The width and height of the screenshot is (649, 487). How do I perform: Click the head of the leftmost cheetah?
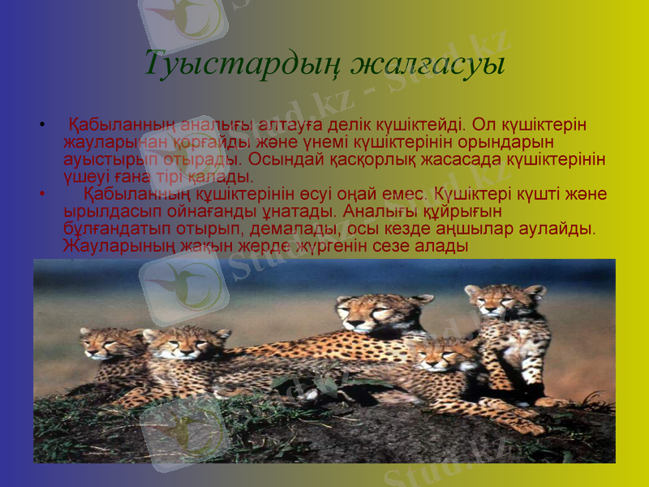(101, 343)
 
